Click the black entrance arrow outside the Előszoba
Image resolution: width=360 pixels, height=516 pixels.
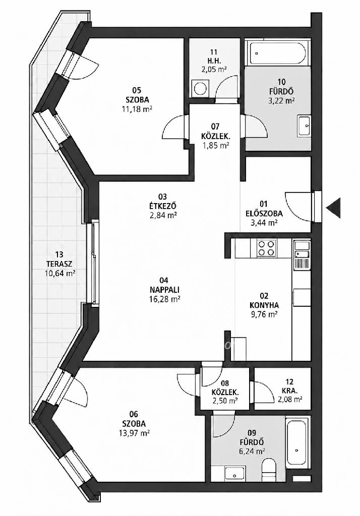point(334,208)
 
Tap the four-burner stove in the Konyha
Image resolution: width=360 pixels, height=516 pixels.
point(266,248)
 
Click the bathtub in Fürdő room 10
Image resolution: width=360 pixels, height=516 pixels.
point(278,52)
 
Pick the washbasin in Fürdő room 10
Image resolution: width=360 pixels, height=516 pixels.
point(304,126)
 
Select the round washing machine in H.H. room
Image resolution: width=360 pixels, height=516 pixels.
point(199,88)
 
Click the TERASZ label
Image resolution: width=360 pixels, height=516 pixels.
point(59,264)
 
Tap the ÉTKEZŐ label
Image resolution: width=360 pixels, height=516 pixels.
point(163,206)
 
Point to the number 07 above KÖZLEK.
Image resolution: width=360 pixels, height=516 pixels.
point(215,126)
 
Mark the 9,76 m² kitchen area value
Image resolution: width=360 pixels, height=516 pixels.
point(264,314)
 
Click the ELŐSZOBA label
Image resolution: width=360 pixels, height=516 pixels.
point(264,214)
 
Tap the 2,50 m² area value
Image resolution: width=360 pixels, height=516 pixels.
point(225,401)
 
